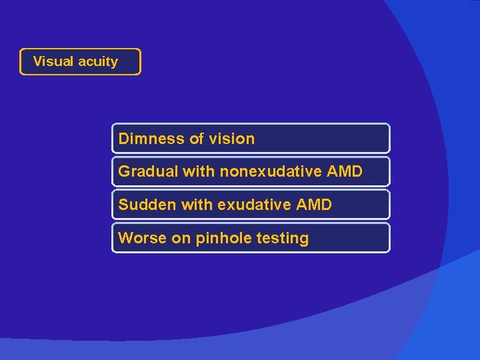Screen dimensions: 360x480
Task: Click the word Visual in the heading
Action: (53, 61)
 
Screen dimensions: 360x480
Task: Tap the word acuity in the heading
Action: (97, 62)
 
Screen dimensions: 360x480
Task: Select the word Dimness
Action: (151, 139)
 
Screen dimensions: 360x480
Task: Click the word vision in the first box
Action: (232, 139)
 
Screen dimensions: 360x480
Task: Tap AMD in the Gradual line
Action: (345, 171)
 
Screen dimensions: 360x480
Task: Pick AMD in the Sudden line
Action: (313, 205)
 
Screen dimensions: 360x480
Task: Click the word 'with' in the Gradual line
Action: (199, 171)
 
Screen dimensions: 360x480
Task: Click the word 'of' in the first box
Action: (197, 139)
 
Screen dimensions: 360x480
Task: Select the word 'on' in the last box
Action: (181, 238)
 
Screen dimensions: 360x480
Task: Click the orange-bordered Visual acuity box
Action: (80, 61)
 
